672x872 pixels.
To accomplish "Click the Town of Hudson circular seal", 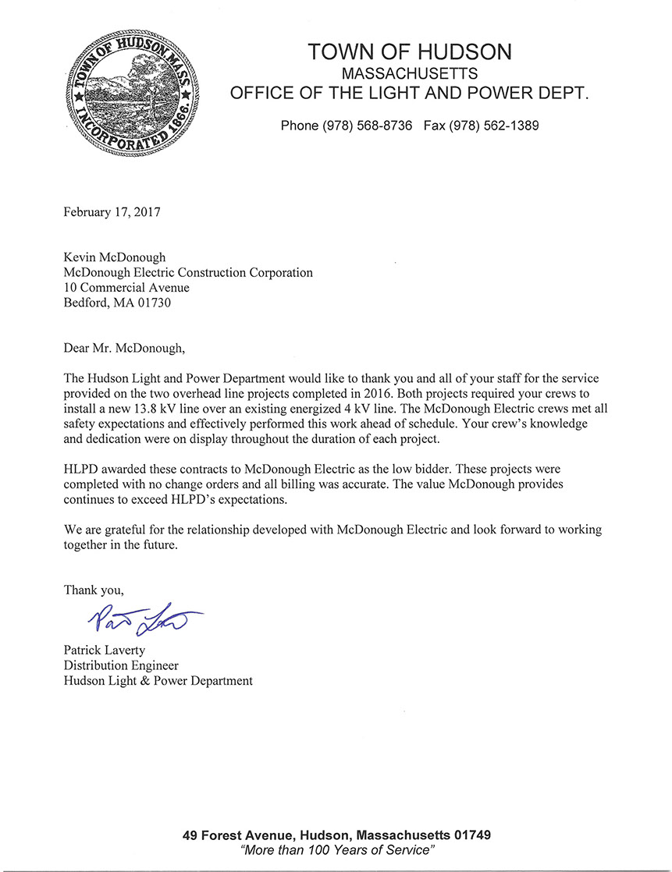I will point(133,93).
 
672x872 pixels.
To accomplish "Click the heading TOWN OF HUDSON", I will point(410,52).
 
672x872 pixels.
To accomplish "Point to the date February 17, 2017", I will point(112,211).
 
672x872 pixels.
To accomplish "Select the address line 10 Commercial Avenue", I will point(126,288).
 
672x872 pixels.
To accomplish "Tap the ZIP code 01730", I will point(154,303).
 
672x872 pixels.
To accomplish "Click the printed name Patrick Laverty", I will point(106,650).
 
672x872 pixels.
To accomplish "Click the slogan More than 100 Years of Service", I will point(337,849).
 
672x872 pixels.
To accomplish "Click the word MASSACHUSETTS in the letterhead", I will point(410,73).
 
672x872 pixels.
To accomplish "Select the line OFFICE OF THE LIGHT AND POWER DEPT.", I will point(410,94).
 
